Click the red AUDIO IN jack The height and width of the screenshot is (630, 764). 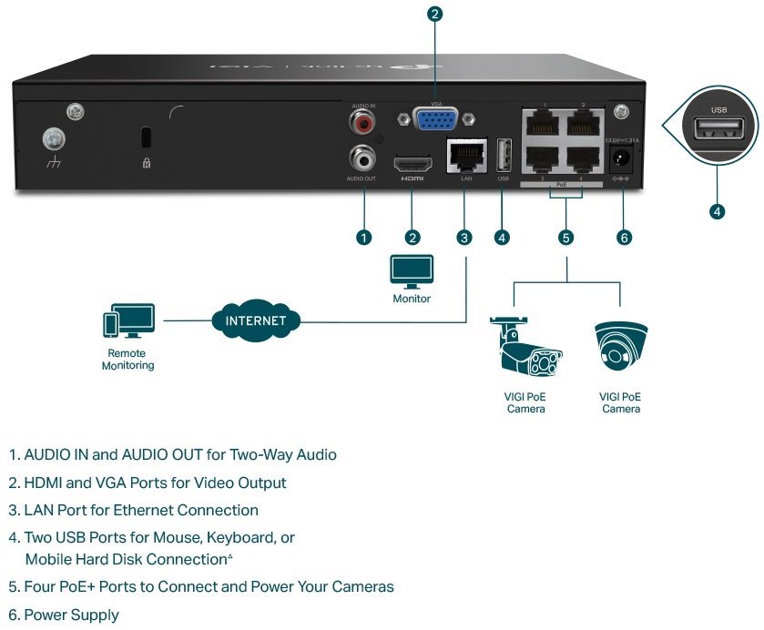(x=364, y=122)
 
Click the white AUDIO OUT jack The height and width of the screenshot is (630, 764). (x=364, y=158)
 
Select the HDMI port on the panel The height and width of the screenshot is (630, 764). (x=412, y=165)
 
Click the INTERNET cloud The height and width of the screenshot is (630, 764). (x=256, y=320)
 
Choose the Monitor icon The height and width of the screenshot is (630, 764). (x=412, y=270)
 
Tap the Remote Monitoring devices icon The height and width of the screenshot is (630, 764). (x=128, y=321)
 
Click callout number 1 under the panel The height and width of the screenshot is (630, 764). (x=364, y=238)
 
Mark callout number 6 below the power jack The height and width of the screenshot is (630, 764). (x=624, y=238)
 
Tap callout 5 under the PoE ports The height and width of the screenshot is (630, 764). (x=566, y=238)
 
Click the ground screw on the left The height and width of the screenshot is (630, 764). (x=55, y=139)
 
